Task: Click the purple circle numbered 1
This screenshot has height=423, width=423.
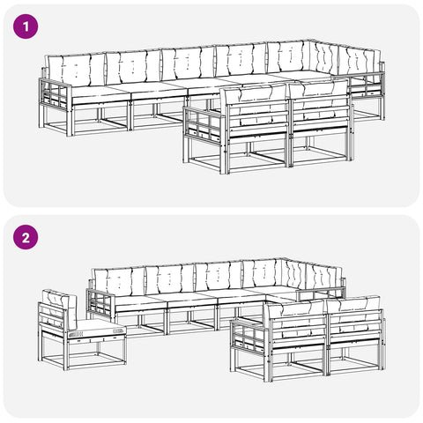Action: click(26, 26)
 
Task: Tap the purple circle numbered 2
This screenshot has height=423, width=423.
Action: click(26, 237)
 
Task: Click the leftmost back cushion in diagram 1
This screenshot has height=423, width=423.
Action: click(77, 70)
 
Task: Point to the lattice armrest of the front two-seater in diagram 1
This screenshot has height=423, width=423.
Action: click(204, 124)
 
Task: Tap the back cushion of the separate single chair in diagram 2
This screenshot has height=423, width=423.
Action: click(60, 309)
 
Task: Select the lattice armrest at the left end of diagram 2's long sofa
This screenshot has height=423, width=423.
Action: click(101, 304)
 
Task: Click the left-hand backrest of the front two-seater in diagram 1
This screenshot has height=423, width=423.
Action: click(256, 112)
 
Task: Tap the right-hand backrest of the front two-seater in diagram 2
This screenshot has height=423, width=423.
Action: click(355, 323)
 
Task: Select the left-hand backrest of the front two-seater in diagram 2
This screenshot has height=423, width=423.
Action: click(297, 325)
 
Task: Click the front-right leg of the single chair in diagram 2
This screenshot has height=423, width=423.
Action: click(124, 350)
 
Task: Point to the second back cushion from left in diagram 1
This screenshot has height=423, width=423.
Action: click(133, 67)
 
